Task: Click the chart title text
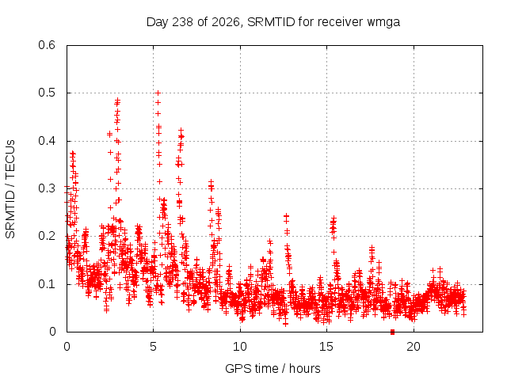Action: tap(273, 22)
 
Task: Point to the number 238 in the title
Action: tap(183, 22)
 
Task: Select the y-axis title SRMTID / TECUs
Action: tap(10, 189)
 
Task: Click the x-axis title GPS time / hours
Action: tap(273, 368)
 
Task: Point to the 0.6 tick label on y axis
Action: tap(47, 45)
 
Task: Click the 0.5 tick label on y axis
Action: tap(47, 93)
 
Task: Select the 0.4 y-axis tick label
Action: tap(47, 141)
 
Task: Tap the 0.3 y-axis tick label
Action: tap(47, 188)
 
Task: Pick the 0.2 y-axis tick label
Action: tap(47, 236)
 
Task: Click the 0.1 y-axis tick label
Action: tap(47, 284)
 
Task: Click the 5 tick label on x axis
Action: tap(153, 347)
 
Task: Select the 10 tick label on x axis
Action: tap(240, 347)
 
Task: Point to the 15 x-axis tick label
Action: tap(326, 347)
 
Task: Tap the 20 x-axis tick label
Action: tap(414, 347)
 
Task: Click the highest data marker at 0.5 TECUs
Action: tap(158, 93)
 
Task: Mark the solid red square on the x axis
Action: tap(393, 332)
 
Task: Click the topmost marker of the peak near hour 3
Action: tap(118, 100)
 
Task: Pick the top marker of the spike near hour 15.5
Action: tap(334, 218)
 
